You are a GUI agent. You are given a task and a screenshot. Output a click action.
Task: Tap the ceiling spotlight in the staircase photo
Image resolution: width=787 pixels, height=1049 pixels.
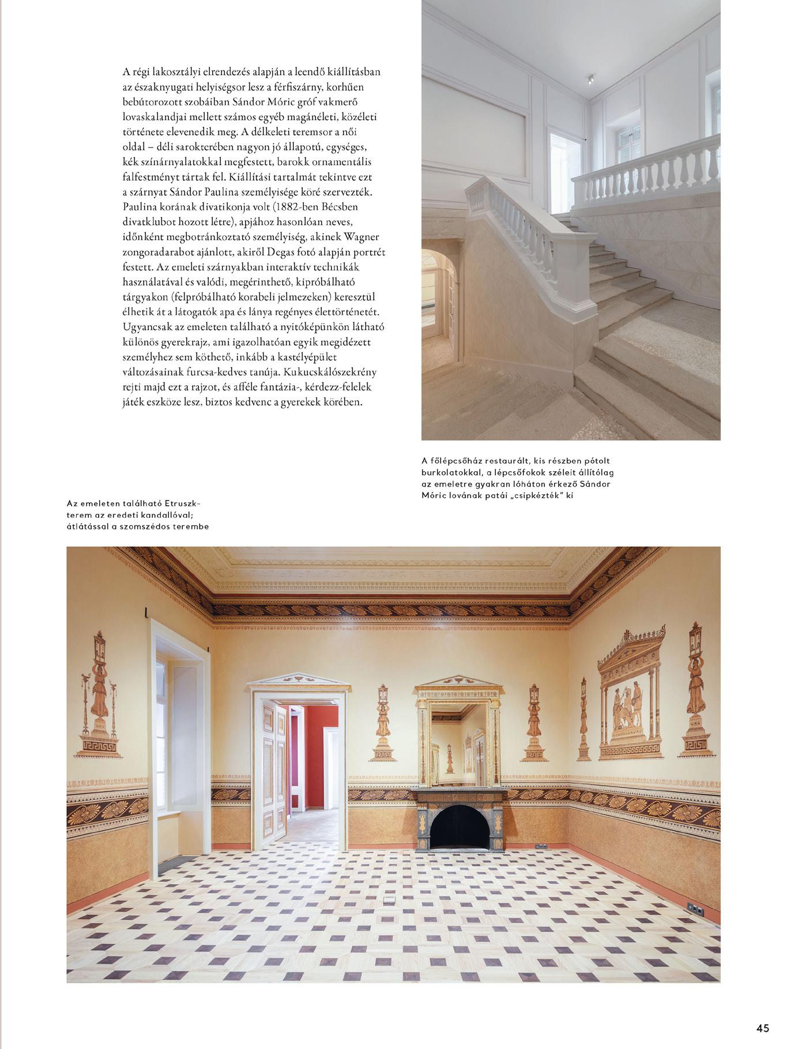coord(591,80)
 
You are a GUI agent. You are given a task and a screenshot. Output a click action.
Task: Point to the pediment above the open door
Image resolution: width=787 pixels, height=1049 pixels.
coord(299,682)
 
